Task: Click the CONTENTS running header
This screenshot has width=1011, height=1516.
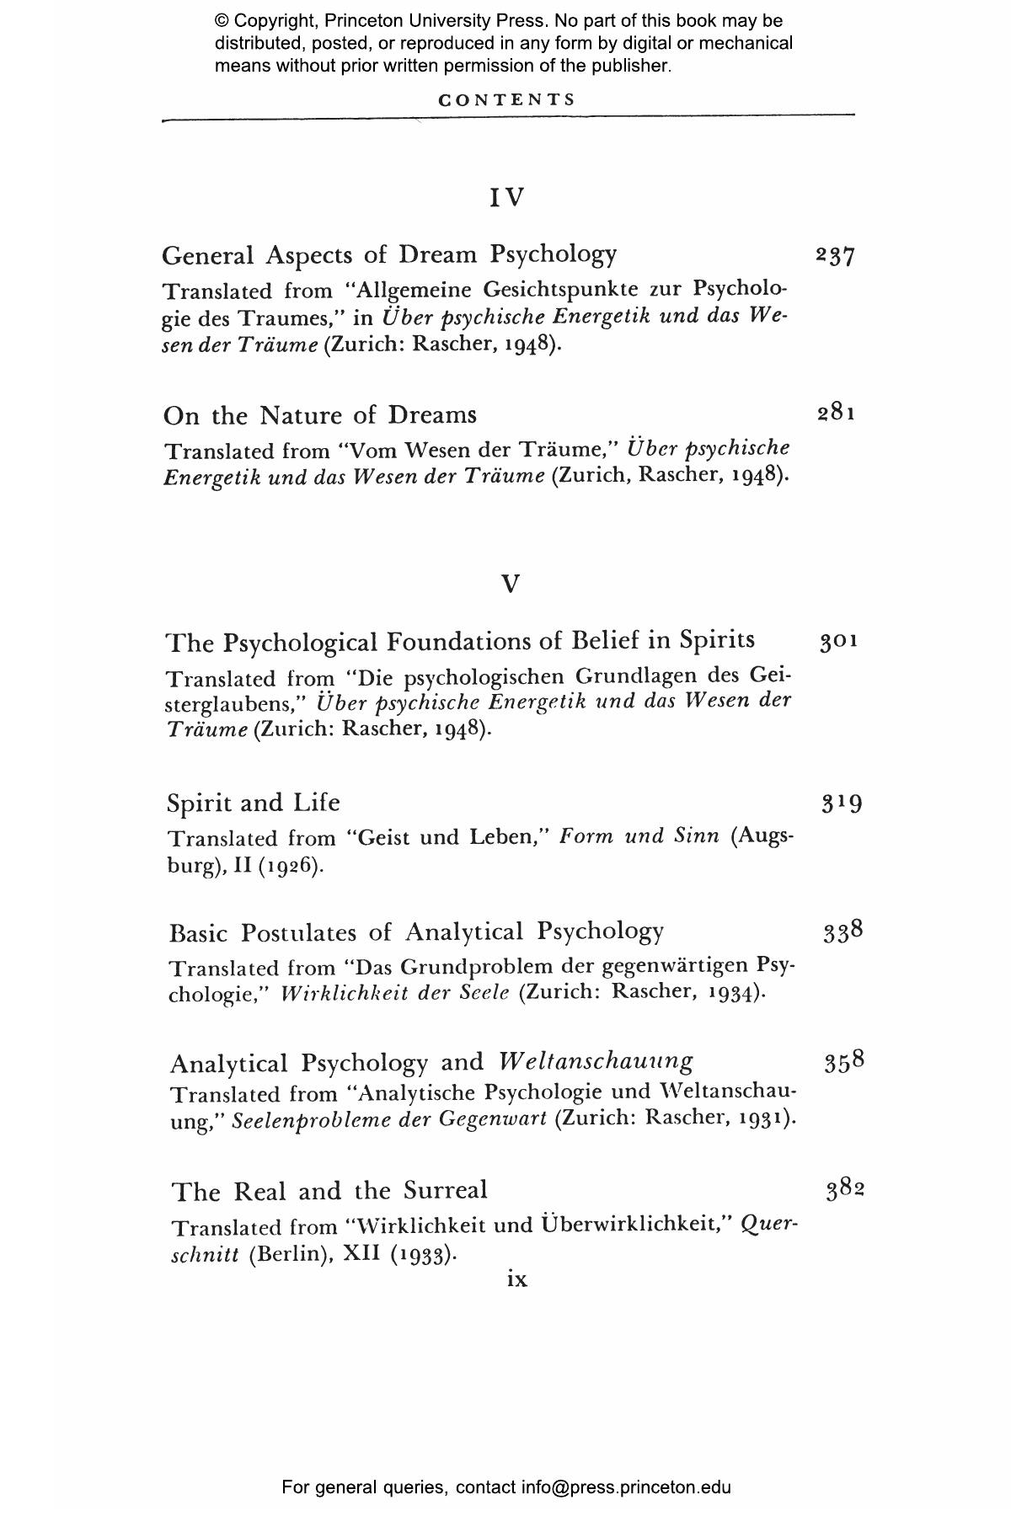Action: (507, 99)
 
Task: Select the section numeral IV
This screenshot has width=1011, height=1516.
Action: (507, 198)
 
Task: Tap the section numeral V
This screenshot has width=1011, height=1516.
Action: (511, 584)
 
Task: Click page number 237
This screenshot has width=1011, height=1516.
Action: (836, 255)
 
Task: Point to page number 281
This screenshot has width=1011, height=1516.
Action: (837, 414)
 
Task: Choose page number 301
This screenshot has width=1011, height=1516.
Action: (839, 643)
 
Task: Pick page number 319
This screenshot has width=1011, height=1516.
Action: (842, 803)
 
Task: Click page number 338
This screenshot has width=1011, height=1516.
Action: (843, 932)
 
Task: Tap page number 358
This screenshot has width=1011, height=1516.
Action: (844, 1061)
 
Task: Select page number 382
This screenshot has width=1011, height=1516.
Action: (846, 1190)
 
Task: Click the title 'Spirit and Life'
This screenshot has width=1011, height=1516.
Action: (254, 803)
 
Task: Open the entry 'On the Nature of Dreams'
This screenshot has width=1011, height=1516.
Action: (320, 415)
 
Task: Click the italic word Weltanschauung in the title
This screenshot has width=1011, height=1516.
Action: (596, 1061)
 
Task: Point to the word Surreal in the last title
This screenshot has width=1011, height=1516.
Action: (445, 1190)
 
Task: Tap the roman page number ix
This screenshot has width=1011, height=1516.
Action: (517, 1279)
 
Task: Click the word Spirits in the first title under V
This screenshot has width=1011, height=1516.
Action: (715, 641)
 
